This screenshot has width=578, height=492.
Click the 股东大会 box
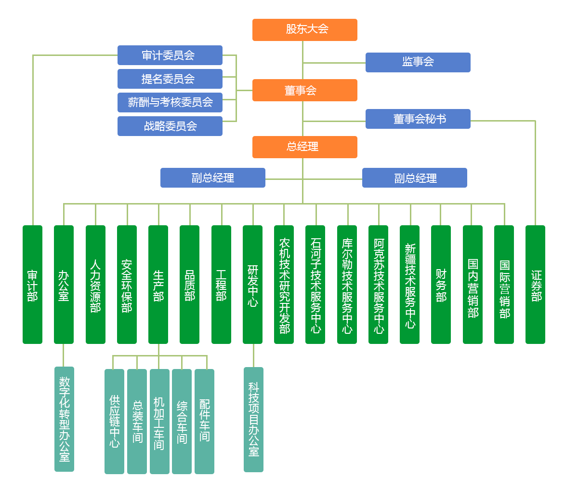pyautogui.click(x=304, y=30)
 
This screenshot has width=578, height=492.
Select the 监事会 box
pyautogui.click(x=418, y=62)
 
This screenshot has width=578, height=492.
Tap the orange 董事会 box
pyautogui.click(x=304, y=90)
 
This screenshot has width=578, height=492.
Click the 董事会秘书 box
pyautogui.click(x=418, y=119)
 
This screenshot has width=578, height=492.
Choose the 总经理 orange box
pyautogui.click(x=304, y=147)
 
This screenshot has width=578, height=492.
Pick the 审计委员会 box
pyautogui.click(x=170, y=55)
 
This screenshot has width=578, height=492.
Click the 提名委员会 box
pyautogui.click(x=170, y=79)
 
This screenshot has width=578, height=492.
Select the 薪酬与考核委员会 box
pyautogui.click(x=170, y=102)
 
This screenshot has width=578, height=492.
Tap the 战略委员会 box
pyautogui.click(x=170, y=126)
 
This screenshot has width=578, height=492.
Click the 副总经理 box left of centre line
pyautogui.click(x=212, y=178)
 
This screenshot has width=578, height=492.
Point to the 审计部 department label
pyautogui.click(x=32, y=286)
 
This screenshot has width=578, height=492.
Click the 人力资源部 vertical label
pyautogui.click(x=95, y=286)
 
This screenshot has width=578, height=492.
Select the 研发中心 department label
pyautogui.click(x=253, y=286)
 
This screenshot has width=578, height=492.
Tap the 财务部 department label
pyautogui.click(x=441, y=286)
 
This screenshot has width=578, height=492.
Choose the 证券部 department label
pyautogui.click(x=536, y=286)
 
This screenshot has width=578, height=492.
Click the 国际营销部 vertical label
pyautogui.click(x=504, y=289)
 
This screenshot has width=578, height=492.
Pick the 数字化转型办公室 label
pyautogui.click(x=65, y=419)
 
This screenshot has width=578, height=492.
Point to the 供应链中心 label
pyautogui.click(x=115, y=421)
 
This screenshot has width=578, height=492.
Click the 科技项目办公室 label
pyautogui.click(x=254, y=419)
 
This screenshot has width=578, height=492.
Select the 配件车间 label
pyautogui.click(x=205, y=420)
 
